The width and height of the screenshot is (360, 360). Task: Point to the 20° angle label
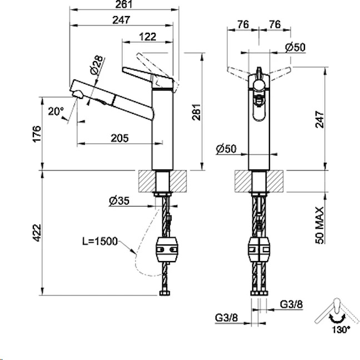tap(56, 111)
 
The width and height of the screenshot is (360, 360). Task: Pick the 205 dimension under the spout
tap(118, 138)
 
